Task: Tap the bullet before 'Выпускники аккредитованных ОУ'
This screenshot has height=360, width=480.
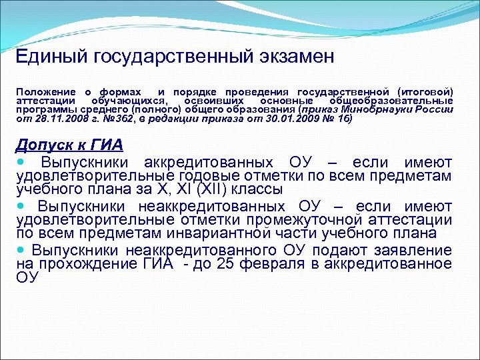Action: (x=21, y=162)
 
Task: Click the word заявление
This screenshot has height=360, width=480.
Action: (x=414, y=251)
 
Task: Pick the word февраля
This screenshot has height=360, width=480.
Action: (x=291, y=264)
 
